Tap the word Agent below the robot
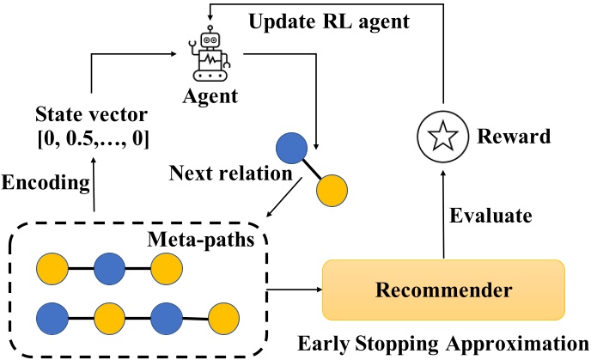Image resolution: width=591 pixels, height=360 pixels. [210, 96]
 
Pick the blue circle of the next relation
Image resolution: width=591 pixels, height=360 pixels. [294, 147]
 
